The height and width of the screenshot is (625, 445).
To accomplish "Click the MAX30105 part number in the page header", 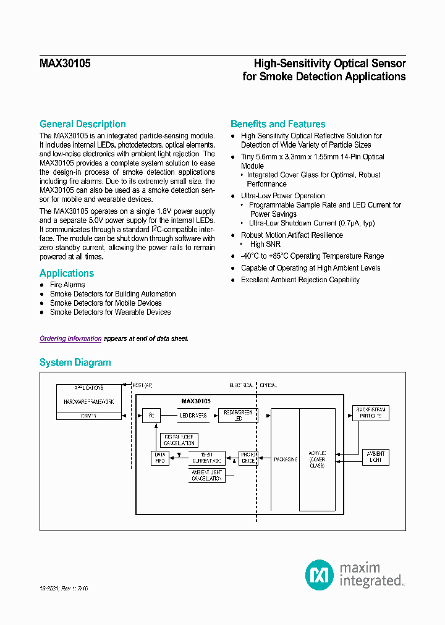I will coord(65,63).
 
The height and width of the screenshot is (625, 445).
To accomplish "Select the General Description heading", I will coord(82,124).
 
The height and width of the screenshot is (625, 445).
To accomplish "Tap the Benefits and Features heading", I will coord(278,124).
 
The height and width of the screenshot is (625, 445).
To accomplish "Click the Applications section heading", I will coord(67,274).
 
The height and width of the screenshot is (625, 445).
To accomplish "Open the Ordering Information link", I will coord(70,338).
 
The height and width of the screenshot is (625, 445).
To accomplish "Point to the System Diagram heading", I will coord(75,363).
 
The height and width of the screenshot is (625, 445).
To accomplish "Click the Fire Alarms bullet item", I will coord(68,285).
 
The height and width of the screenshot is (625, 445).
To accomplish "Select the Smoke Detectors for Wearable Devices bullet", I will coord(110,312).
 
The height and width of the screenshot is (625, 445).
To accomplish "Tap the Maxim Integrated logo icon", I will coord(320,574).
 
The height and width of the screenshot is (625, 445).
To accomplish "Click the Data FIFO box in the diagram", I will coord(159,458).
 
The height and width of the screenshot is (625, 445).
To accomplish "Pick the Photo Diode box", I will coord(248,458).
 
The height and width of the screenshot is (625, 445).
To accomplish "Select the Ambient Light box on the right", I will coord(375,457).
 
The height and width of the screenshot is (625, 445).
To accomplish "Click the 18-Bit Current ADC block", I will coord(207,458).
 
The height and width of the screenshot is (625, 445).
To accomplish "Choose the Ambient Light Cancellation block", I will coord(207,476).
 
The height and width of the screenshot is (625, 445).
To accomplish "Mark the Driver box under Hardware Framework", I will coord(89,416).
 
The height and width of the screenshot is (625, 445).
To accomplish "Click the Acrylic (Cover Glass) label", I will coord(317,459).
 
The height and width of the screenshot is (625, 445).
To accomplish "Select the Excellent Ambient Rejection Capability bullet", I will coord(300,280).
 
